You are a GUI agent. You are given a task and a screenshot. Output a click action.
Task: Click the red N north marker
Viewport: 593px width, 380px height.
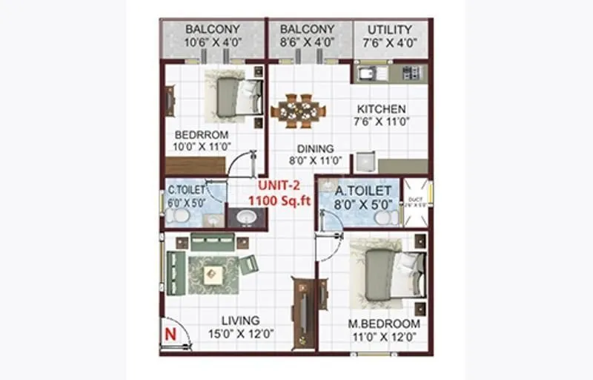pyautogui.click(x=169, y=333)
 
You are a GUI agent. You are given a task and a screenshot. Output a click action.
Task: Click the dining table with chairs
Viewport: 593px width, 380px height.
pyautogui.click(x=298, y=111)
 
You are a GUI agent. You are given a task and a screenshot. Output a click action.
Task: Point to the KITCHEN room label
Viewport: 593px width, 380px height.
pyautogui.click(x=381, y=109)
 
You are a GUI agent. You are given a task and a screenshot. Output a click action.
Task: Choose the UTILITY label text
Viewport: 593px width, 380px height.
pyautogui.click(x=389, y=30)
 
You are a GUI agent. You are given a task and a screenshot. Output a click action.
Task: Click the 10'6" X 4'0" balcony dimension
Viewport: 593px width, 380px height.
pyautogui.click(x=213, y=43)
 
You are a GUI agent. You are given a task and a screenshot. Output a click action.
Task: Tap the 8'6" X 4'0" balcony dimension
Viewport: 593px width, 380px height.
pyautogui.click(x=308, y=43)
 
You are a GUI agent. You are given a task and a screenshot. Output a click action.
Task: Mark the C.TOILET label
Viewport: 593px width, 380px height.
pyautogui.click(x=185, y=190)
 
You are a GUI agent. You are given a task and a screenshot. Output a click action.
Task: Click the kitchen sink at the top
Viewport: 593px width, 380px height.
pyautogui.click(x=368, y=73)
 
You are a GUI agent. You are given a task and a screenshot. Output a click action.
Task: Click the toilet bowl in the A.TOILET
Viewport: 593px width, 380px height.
pyautogui.click(x=382, y=217)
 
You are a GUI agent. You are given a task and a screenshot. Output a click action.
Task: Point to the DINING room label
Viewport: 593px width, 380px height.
pyautogui.click(x=316, y=148)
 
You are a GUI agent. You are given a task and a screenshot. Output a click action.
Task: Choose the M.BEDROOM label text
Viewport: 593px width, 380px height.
pyautogui.click(x=384, y=324)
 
